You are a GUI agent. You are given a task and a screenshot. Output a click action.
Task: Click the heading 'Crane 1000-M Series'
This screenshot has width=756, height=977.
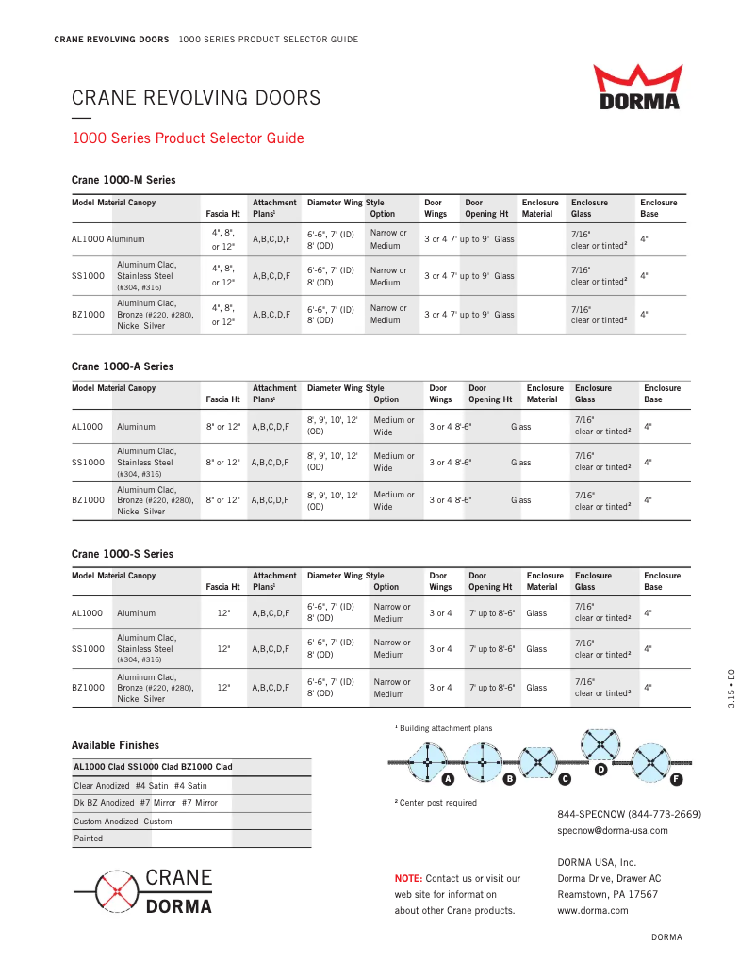(123, 180)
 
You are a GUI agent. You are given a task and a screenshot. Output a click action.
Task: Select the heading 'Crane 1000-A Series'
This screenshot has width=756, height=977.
(123, 366)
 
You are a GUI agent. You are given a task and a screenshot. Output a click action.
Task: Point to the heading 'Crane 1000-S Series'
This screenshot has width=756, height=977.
(123, 554)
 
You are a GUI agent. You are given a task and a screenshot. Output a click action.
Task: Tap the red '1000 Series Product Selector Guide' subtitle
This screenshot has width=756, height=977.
(189, 138)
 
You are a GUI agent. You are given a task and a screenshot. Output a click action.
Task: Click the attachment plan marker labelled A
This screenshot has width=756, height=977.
(449, 779)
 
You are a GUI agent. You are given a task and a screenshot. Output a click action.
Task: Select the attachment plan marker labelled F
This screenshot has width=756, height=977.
(676, 779)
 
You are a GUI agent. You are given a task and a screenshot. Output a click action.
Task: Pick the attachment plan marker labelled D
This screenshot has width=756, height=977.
(600, 770)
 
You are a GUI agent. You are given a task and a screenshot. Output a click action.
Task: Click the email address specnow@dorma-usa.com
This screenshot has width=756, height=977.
(613, 830)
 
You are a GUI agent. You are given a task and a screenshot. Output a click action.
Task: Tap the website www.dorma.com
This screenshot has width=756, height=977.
(593, 910)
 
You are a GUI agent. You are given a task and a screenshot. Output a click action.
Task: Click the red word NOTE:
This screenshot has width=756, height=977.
(408, 878)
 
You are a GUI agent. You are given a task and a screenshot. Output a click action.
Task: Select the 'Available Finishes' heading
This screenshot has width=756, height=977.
(115, 745)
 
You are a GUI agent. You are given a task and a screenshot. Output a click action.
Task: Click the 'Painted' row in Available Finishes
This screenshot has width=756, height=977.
(89, 839)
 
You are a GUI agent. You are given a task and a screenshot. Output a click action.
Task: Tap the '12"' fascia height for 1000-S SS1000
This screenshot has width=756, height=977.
(223, 649)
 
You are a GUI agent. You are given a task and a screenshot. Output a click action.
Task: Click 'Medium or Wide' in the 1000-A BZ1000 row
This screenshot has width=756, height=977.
(393, 500)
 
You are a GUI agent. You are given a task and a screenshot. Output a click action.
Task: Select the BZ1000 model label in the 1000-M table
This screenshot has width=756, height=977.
(88, 315)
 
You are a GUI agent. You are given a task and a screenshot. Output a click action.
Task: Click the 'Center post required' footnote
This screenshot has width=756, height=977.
(438, 803)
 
